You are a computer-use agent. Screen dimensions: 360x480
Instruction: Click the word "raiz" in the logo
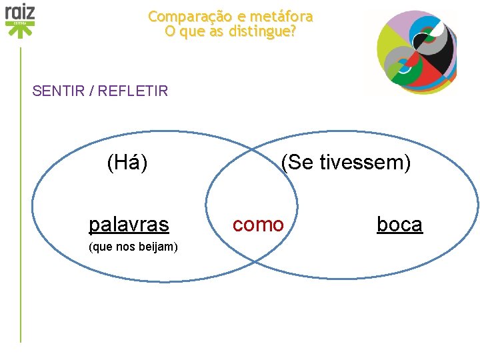point(20,11)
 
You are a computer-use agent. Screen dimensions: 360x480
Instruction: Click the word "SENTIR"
point(59,91)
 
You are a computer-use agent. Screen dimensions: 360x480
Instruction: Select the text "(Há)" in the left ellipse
point(127,162)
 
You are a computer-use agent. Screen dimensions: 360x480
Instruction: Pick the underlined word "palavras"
point(129,225)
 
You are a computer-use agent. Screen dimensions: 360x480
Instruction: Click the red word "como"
point(258,225)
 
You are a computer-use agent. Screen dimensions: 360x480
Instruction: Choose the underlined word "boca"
point(399,225)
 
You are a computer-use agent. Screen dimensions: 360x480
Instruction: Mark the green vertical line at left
point(21,200)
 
